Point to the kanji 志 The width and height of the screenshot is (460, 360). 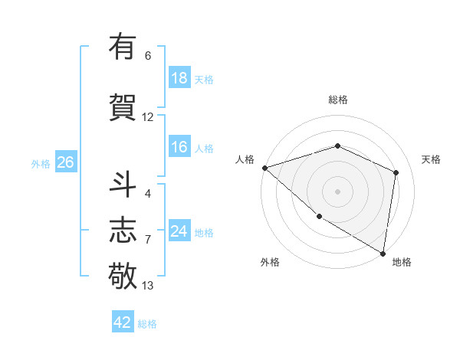tap(123, 229)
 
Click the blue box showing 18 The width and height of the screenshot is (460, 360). tap(179, 77)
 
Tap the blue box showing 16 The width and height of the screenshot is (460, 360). tap(179, 147)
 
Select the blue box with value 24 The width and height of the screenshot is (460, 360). tap(179, 231)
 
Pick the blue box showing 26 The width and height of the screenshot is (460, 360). tap(65, 162)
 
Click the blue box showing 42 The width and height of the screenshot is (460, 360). tap(123, 322)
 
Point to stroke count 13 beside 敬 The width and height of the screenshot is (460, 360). tap(148, 286)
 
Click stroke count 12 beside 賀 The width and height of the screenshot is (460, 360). tap(148, 117)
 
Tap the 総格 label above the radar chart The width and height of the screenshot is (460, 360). tap(338, 100)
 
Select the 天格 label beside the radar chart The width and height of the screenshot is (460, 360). tap(431, 159)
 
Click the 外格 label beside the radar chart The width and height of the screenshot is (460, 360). tap(270, 262)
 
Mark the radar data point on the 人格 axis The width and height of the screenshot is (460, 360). tap(264, 167)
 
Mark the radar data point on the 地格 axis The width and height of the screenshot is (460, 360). tap(383, 253)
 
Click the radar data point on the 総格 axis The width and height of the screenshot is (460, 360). tap(338, 146)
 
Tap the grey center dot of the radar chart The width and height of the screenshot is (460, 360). tap(338, 191)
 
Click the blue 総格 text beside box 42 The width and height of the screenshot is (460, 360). tap(147, 324)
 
